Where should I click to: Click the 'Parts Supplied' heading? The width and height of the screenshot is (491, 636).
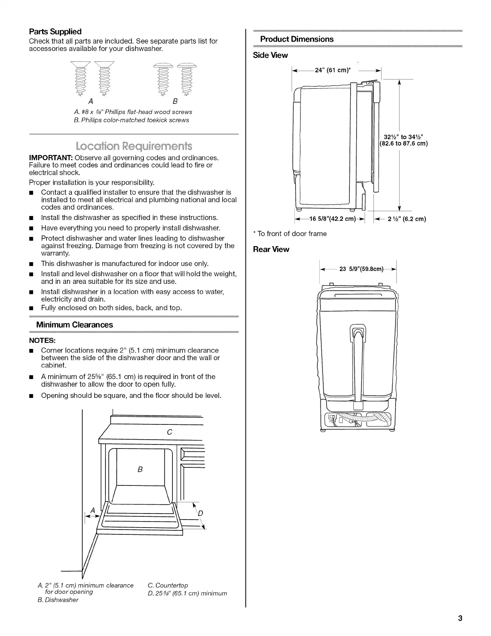(55, 32)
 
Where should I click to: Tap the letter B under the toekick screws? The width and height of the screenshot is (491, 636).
(175, 101)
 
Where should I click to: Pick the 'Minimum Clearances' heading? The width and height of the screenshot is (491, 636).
(74, 324)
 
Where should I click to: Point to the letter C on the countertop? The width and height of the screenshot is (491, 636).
(169, 432)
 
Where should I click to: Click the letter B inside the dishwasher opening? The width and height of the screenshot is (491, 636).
(140, 469)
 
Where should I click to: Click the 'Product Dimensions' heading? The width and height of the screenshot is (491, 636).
(297, 39)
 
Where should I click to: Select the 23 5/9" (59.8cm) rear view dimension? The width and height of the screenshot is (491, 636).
(361, 269)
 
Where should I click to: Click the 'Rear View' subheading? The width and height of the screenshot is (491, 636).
(271, 249)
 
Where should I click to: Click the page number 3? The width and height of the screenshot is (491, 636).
(460, 618)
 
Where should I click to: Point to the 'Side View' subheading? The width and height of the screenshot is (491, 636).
(270, 55)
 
